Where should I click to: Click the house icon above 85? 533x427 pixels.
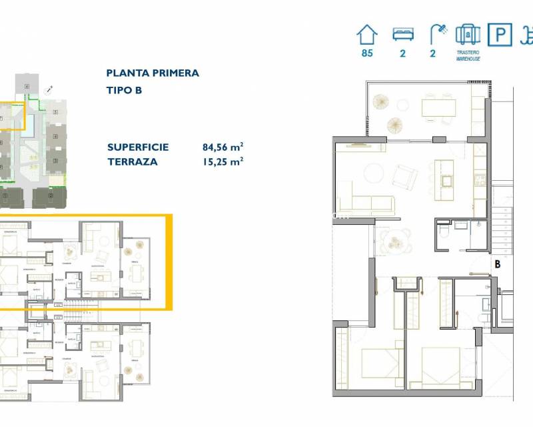tap(367, 34)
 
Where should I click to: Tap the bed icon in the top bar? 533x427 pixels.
tap(402, 34)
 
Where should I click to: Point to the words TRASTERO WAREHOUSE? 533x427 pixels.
tap(468, 55)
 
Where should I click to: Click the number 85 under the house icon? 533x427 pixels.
tap(367, 53)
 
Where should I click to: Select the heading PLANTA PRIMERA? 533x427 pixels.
tap(153, 73)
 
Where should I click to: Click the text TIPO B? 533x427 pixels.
tap(124, 90)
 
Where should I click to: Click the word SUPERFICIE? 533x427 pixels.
tap(138, 147)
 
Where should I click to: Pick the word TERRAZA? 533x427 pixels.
tap(133, 161)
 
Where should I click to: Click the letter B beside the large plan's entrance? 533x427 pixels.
tap(497, 264)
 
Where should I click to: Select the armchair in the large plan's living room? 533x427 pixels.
tap(404, 176)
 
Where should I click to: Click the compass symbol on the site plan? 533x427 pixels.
tap(49, 89)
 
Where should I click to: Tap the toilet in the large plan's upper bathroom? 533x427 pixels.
tap(444, 232)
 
